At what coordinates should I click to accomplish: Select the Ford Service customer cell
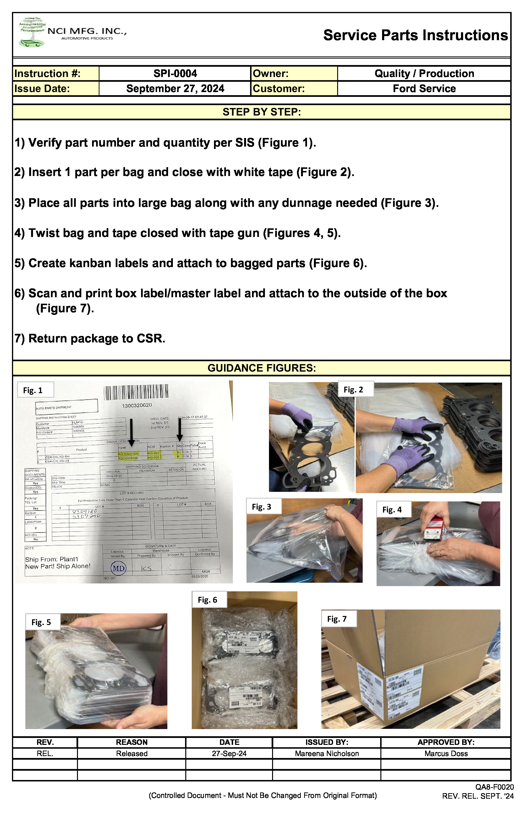424,88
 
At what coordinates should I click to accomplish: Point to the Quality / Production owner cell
424,73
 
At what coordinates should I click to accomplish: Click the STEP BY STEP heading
262,112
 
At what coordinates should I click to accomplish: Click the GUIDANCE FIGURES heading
262,368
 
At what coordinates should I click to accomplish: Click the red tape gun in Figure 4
433,528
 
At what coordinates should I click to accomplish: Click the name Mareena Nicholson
327,753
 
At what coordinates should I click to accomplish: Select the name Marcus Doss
446,753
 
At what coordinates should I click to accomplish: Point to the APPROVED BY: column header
446,742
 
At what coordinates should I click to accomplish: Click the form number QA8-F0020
494,787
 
